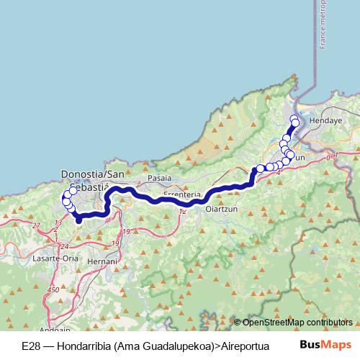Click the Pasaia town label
tap(159, 177)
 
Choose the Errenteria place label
tap(181, 195)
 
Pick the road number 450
tap(53, 290)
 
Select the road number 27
tap(36, 225)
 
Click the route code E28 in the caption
tap(31, 345)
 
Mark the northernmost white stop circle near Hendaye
tap(293, 118)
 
